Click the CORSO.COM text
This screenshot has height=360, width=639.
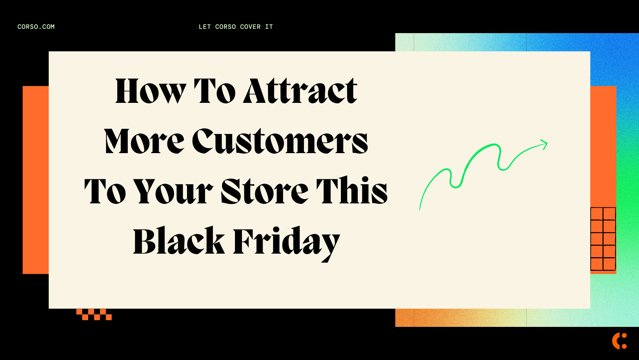pos(36,27)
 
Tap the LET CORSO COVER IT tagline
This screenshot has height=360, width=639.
pos(236,27)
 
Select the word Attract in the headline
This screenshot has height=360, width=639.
pos(300,91)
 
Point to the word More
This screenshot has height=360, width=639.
pos(144,141)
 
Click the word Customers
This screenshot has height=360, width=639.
pos(280,141)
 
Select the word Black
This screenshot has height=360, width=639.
pos(179,241)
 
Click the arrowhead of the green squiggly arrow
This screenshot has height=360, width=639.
pos(544,144)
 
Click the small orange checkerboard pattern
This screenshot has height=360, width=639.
pos(94,314)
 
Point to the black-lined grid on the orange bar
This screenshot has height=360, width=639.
pos(603,239)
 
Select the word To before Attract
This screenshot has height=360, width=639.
pos(215,91)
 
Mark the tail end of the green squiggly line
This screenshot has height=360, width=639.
pos(420,209)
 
